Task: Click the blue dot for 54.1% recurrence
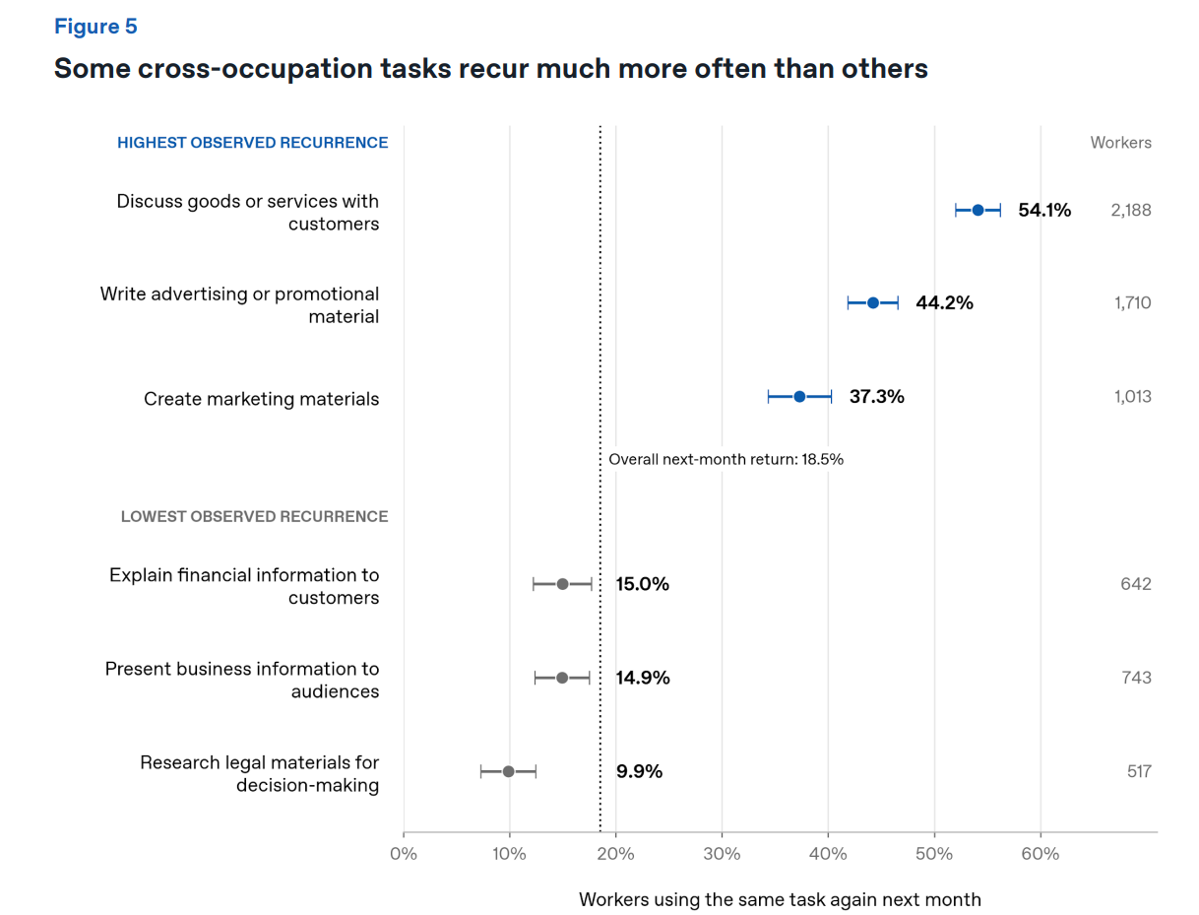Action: click(978, 210)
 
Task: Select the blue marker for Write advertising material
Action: click(872, 302)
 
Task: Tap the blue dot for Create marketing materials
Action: click(799, 397)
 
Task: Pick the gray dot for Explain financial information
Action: click(562, 584)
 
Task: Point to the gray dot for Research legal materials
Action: click(508, 771)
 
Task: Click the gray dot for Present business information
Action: click(561, 678)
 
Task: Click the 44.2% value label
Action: click(944, 302)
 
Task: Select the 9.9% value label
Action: click(639, 771)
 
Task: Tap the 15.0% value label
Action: click(642, 584)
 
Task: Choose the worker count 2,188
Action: click(1130, 211)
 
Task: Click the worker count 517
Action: click(1139, 771)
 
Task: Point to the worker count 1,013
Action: click(1132, 397)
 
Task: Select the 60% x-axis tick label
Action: click(1041, 854)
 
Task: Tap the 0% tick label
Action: click(404, 854)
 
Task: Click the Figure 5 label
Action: click(95, 27)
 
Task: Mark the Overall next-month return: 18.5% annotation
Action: click(726, 459)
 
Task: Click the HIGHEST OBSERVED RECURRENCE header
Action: click(252, 143)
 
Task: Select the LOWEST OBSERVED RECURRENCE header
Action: click(254, 517)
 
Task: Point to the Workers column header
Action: click(1120, 143)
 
